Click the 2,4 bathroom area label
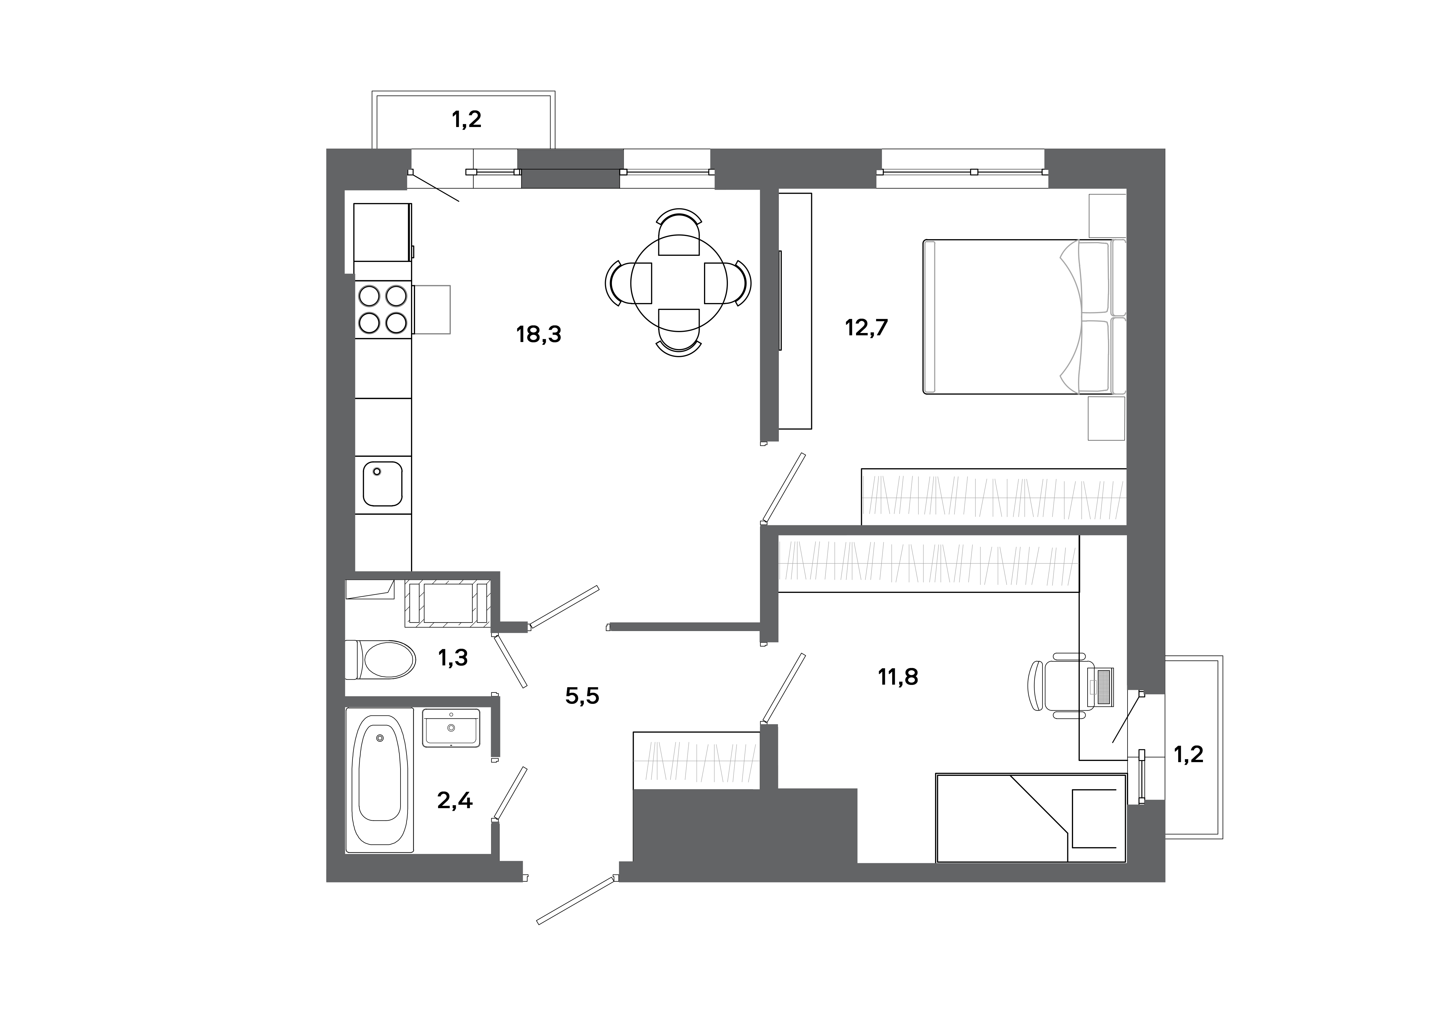(x=454, y=801)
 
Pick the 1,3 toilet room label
(x=453, y=658)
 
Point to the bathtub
(x=380, y=780)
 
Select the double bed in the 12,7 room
(x=1007, y=317)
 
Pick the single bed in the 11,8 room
(x=1030, y=817)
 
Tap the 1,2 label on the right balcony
(x=1188, y=754)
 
